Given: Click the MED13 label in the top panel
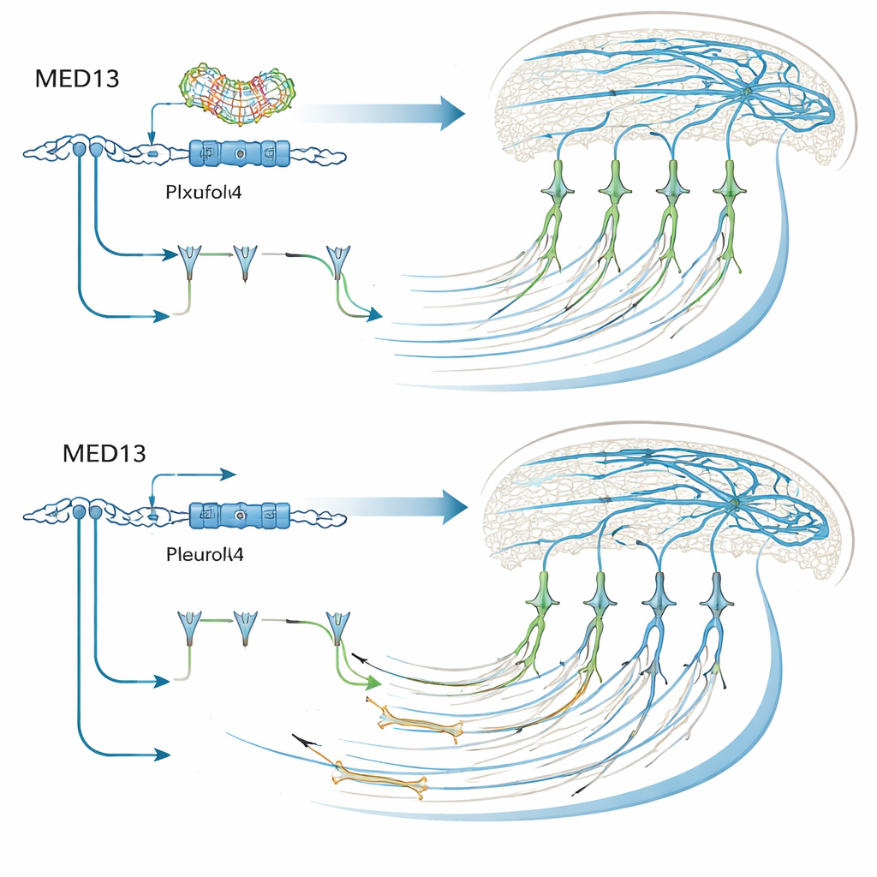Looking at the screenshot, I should [x=76, y=79].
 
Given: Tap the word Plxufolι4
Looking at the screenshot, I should [x=202, y=193].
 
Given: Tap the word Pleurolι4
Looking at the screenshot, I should [x=204, y=554].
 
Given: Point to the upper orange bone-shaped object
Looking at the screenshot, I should [x=417, y=719].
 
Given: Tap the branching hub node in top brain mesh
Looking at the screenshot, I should [x=746, y=92].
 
